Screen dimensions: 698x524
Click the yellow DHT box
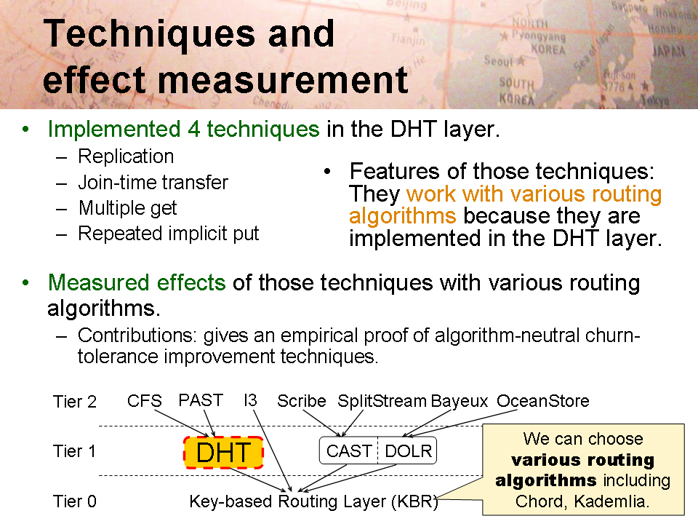[x=223, y=453]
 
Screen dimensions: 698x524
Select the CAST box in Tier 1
[x=348, y=451]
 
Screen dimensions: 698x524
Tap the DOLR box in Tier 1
[x=408, y=451]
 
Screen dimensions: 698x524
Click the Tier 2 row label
[x=75, y=402]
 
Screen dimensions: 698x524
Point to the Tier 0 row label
[x=75, y=501]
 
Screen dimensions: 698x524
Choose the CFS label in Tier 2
[x=144, y=400]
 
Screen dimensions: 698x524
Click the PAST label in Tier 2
[x=201, y=400]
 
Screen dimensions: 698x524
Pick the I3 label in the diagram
[x=250, y=400]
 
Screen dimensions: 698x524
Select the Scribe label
[x=301, y=400]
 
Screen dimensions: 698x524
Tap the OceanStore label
[x=542, y=400]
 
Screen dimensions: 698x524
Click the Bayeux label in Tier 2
[x=460, y=401]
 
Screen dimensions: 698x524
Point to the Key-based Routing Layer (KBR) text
[x=313, y=501]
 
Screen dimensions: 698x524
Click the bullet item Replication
[x=126, y=156]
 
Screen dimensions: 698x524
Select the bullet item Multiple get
[x=128, y=208]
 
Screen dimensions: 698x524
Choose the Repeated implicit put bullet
[x=168, y=234]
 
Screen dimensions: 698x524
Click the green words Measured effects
[x=137, y=282]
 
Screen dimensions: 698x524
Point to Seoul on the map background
[x=499, y=60]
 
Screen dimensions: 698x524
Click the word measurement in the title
[x=283, y=80]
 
